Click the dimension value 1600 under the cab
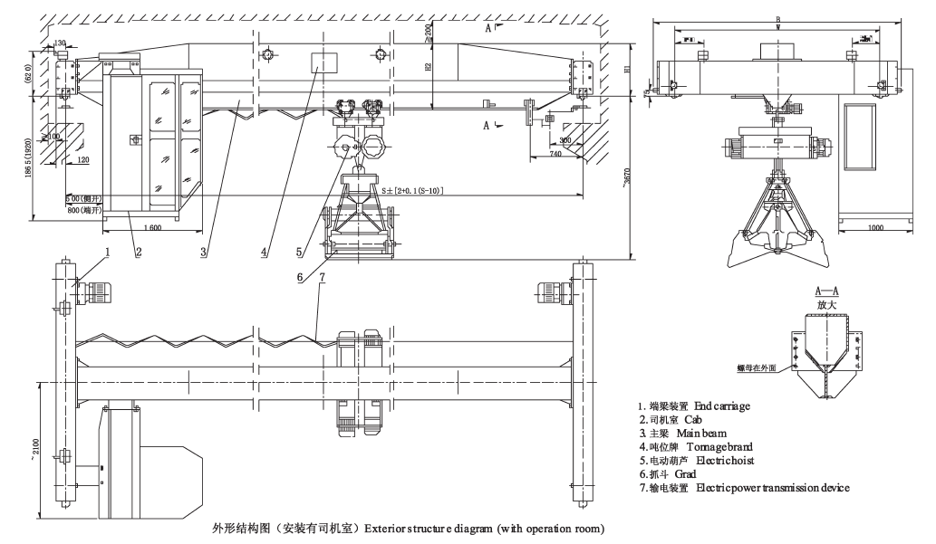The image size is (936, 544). coord(150,227)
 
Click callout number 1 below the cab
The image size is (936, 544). coord(106,253)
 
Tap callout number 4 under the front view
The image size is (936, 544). coord(264,253)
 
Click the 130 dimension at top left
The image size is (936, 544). coord(62,42)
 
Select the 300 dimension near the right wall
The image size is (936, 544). coord(564,140)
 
